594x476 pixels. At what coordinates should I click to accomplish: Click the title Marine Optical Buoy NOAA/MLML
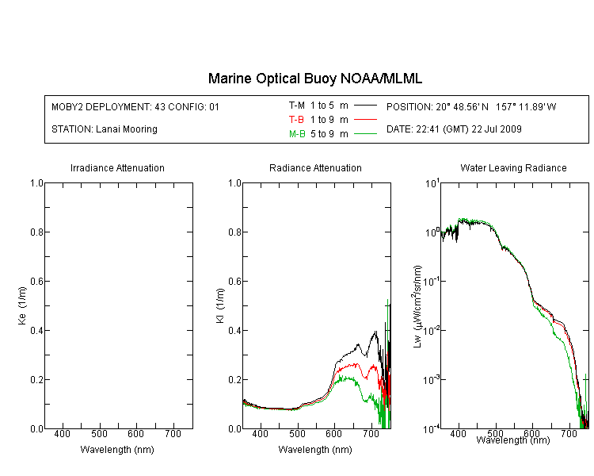pyautogui.click(x=314, y=79)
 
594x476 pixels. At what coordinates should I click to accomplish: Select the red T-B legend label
pyautogui.click(x=296, y=120)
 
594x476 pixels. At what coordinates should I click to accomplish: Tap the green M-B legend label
pyautogui.click(x=297, y=134)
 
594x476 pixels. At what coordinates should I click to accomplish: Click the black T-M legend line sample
pyautogui.click(x=365, y=106)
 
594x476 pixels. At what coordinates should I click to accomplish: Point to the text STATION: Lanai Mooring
pyautogui.click(x=105, y=129)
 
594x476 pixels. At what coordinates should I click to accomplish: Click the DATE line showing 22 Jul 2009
pyautogui.click(x=454, y=129)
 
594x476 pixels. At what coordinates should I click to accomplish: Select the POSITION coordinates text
pyautogui.click(x=471, y=106)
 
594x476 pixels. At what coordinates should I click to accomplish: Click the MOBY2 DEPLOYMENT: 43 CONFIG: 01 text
pyautogui.click(x=135, y=106)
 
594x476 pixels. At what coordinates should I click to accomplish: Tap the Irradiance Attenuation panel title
pyautogui.click(x=117, y=167)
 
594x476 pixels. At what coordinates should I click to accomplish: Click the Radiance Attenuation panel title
pyautogui.click(x=315, y=167)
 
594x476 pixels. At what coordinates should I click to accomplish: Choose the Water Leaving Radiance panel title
pyautogui.click(x=513, y=167)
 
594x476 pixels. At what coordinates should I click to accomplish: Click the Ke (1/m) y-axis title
pyautogui.click(x=22, y=306)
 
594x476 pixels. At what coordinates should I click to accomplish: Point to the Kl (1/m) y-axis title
pyautogui.click(x=220, y=306)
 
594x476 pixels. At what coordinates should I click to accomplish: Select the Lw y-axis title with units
pyautogui.click(x=417, y=306)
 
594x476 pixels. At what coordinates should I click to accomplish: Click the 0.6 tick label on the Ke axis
pyautogui.click(x=36, y=282)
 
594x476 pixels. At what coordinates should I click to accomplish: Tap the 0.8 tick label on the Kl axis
pyautogui.click(x=235, y=232)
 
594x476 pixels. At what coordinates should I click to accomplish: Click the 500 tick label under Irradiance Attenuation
pyautogui.click(x=99, y=433)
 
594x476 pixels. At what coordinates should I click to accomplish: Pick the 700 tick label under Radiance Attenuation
pyautogui.click(x=371, y=433)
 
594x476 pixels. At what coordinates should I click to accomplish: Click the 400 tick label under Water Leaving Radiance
pyautogui.click(x=458, y=433)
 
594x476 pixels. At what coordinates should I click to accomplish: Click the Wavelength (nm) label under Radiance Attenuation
pyautogui.click(x=315, y=450)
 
